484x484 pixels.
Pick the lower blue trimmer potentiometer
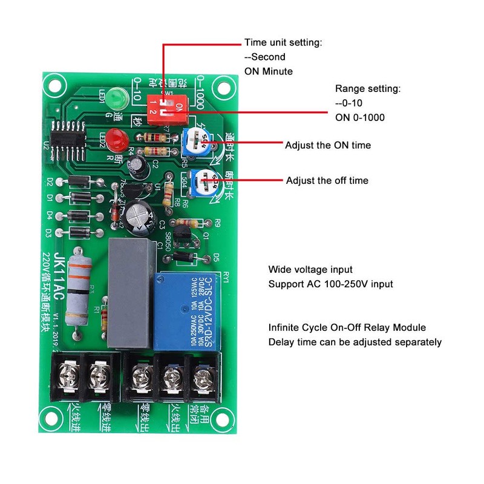point(201,181)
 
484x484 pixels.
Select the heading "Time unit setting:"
point(283,43)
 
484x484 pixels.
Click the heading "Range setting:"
point(368,89)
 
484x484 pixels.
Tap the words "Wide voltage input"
point(310,269)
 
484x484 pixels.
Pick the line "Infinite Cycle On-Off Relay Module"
point(347,327)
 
